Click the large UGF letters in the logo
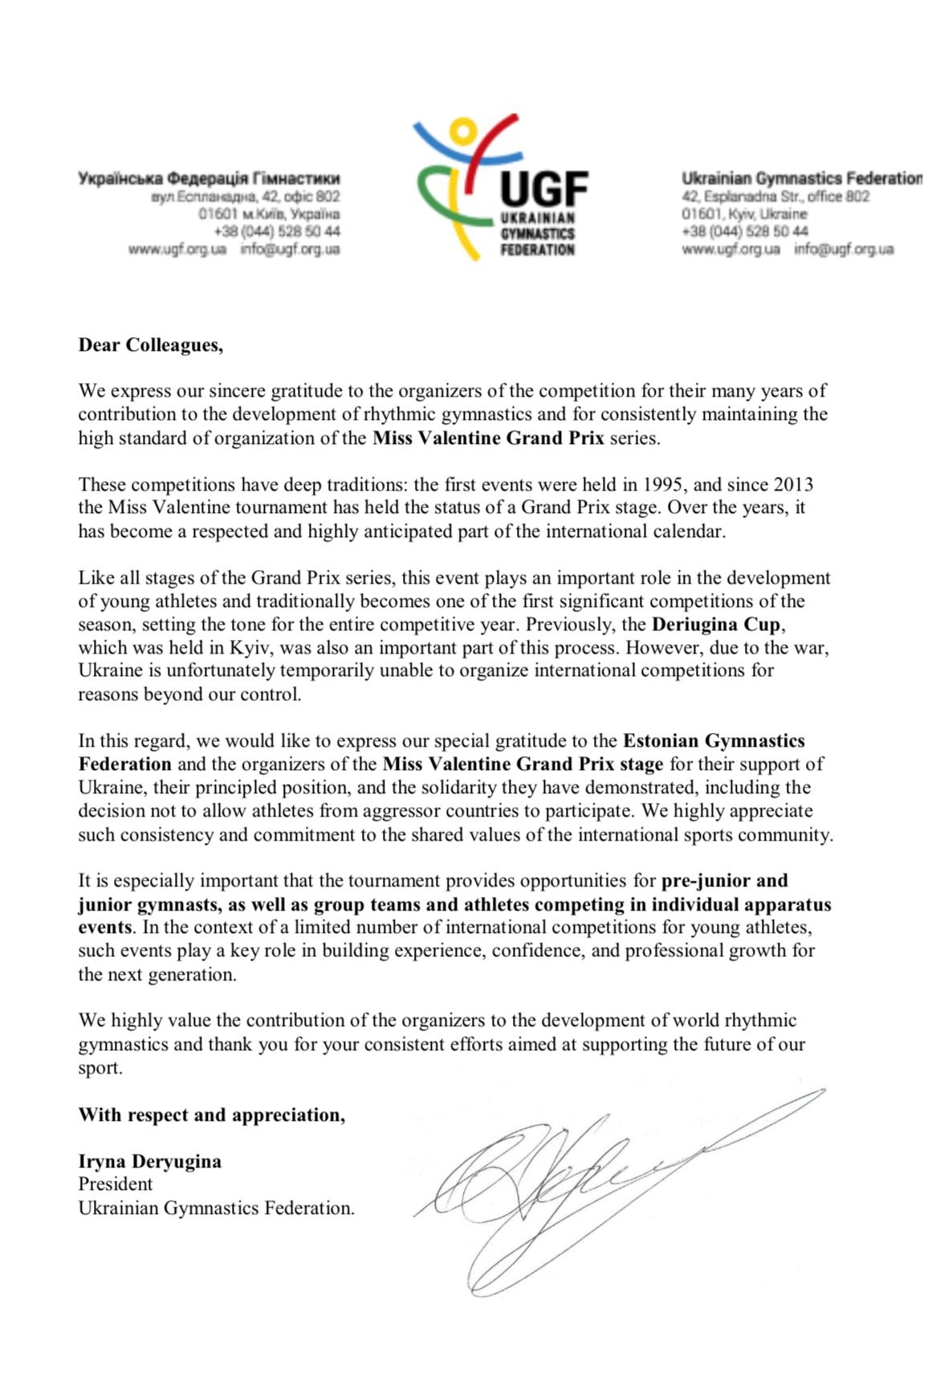pos(543,189)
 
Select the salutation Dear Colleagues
pos(150,345)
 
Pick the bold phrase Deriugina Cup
pos(715,624)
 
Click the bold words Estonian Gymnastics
pos(714,740)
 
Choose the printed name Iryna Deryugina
pos(149,1161)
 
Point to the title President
pos(115,1184)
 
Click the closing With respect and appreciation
pos(211,1114)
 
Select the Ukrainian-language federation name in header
pos(209,178)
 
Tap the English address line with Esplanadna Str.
pos(775,197)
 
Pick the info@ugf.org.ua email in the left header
pos(290,249)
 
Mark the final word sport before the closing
pos(100,1068)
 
